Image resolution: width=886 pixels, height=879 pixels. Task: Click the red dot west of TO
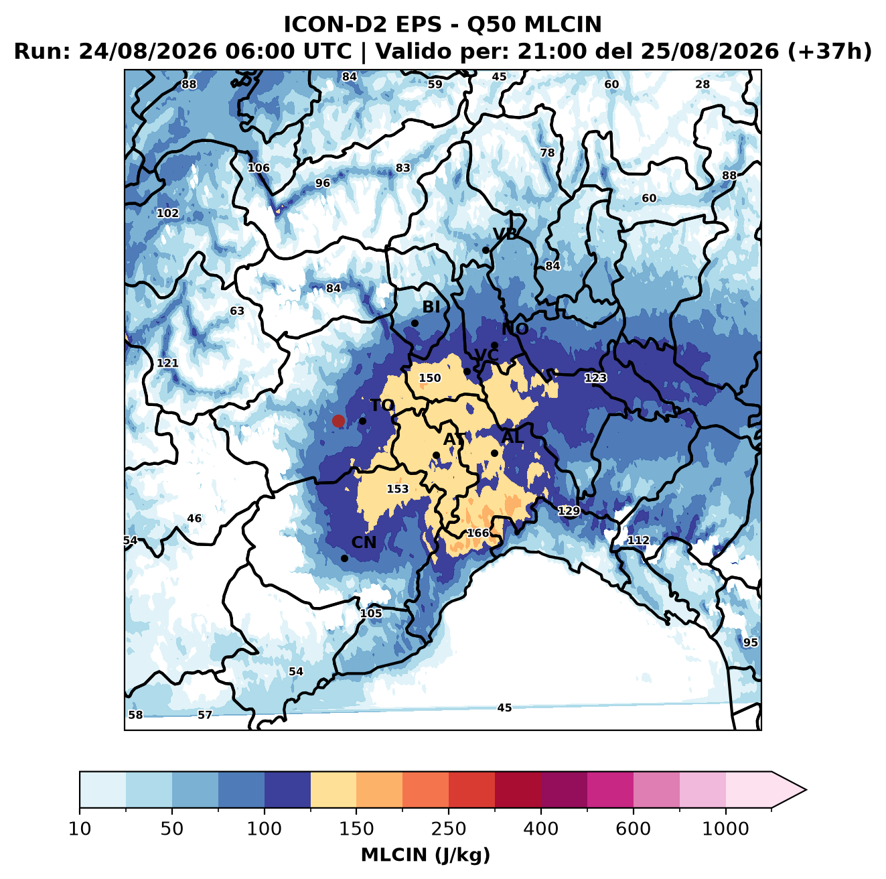coord(338,421)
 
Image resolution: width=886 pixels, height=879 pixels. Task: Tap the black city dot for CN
coord(344,558)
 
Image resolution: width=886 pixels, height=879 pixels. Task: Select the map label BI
coord(431,307)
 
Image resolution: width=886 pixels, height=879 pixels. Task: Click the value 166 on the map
coord(477,533)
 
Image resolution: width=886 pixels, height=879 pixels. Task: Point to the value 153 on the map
coord(397,489)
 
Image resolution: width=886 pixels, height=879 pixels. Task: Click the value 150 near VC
coord(430,378)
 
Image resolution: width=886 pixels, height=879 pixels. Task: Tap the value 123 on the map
coord(595,378)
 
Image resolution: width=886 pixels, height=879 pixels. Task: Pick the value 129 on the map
coord(569,511)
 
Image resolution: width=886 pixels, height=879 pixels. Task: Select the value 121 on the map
coord(167,363)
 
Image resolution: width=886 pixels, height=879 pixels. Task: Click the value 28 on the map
coord(703,84)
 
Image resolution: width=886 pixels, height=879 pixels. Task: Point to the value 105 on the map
coord(370,613)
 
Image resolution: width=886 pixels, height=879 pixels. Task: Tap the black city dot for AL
coord(494,453)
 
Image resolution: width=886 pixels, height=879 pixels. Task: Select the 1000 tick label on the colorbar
coord(725,829)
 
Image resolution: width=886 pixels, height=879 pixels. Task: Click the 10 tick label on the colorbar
coord(80,829)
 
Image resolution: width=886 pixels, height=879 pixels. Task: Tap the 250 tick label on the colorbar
coord(448,829)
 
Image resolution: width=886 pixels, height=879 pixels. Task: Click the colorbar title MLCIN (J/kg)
coord(425,856)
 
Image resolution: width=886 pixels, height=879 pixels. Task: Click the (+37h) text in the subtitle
coord(830,52)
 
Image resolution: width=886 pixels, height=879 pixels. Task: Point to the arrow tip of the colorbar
coord(806,790)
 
